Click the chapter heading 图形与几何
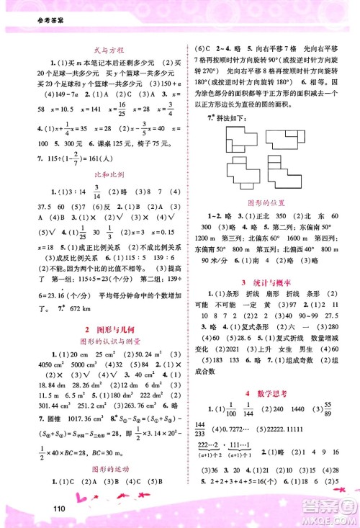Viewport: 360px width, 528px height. click(x=94, y=327)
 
